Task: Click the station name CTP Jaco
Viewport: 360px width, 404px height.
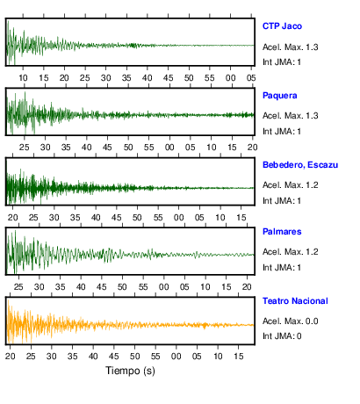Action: point(282,26)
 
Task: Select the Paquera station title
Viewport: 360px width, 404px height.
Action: point(280,96)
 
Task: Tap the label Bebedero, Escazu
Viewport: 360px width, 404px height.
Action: point(300,165)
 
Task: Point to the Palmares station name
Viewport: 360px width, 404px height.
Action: point(282,232)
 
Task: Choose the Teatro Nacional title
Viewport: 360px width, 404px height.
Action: point(295,301)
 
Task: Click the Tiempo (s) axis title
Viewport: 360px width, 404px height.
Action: point(130,371)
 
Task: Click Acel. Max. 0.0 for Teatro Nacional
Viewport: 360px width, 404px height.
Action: point(291,321)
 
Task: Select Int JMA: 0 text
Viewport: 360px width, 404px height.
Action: point(282,335)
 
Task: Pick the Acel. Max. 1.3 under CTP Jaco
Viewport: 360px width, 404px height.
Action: point(291,47)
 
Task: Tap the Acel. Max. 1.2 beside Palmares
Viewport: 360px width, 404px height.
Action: point(291,252)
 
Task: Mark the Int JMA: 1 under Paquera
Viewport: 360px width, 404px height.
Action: point(282,132)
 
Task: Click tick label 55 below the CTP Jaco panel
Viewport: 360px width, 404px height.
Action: point(210,78)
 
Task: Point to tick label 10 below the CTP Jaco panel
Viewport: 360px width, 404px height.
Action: point(23,78)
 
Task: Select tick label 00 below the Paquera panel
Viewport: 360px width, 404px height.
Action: point(169,148)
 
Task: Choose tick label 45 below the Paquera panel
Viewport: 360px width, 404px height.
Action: point(107,148)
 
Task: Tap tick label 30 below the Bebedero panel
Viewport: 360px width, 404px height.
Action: point(54,218)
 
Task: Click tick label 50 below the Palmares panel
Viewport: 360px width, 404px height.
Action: point(122,286)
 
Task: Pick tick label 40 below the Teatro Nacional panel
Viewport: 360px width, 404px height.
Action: point(93,357)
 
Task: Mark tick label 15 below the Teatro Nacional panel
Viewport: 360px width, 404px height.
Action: point(239,357)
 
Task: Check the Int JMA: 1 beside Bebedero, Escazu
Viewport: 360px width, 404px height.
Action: point(282,201)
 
